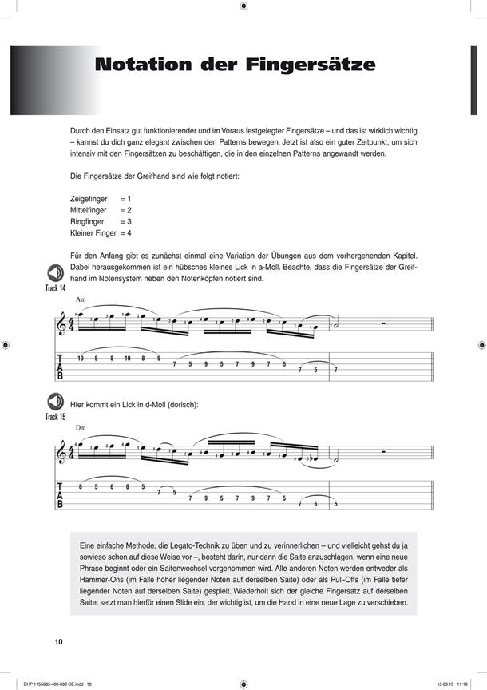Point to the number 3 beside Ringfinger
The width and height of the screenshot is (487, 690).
(129, 221)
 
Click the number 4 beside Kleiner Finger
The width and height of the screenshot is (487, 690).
(129, 233)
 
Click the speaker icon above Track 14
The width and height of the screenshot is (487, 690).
(55, 272)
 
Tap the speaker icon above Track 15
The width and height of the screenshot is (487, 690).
(55, 402)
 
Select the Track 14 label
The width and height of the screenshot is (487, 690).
(55, 287)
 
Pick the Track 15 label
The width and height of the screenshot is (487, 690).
(55, 417)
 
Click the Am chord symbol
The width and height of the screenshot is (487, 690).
(81, 300)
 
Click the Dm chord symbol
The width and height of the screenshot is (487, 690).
(81, 429)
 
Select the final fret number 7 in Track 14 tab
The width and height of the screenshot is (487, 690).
(336, 369)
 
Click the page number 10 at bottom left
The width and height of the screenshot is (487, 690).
(59, 642)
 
